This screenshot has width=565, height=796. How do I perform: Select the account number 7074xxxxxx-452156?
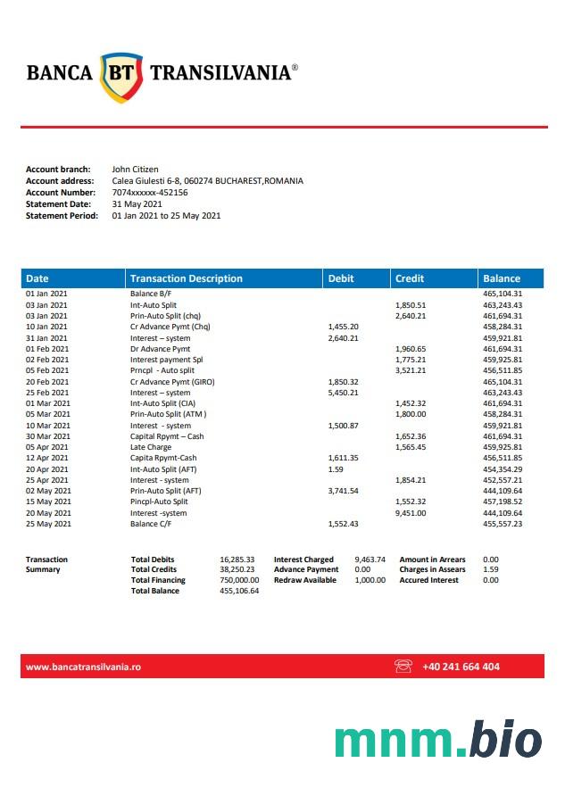(x=150, y=192)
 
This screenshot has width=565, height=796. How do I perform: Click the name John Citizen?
(x=135, y=169)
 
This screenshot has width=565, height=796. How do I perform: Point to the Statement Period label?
(x=62, y=215)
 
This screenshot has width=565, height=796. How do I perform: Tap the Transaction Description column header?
(x=186, y=278)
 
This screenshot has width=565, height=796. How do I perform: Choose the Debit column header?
(x=341, y=278)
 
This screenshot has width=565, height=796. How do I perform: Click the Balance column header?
(x=501, y=278)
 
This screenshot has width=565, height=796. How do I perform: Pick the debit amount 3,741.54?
(x=343, y=491)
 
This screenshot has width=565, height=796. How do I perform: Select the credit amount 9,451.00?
(x=411, y=513)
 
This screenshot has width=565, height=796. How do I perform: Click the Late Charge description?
(x=151, y=447)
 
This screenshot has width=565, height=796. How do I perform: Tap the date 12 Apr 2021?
(x=46, y=458)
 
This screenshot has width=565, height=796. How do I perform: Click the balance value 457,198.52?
(x=503, y=502)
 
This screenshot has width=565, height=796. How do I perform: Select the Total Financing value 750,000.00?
(x=238, y=580)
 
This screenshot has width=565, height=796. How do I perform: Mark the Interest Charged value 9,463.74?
(x=370, y=560)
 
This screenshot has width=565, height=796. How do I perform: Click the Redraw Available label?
(x=305, y=580)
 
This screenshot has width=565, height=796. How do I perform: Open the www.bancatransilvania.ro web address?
(x=83, y=667)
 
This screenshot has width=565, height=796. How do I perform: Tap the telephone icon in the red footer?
(x=403, y=667)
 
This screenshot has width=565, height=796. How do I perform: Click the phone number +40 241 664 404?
(x=461, y=667)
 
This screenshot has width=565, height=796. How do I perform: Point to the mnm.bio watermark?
(x=437, y=741)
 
